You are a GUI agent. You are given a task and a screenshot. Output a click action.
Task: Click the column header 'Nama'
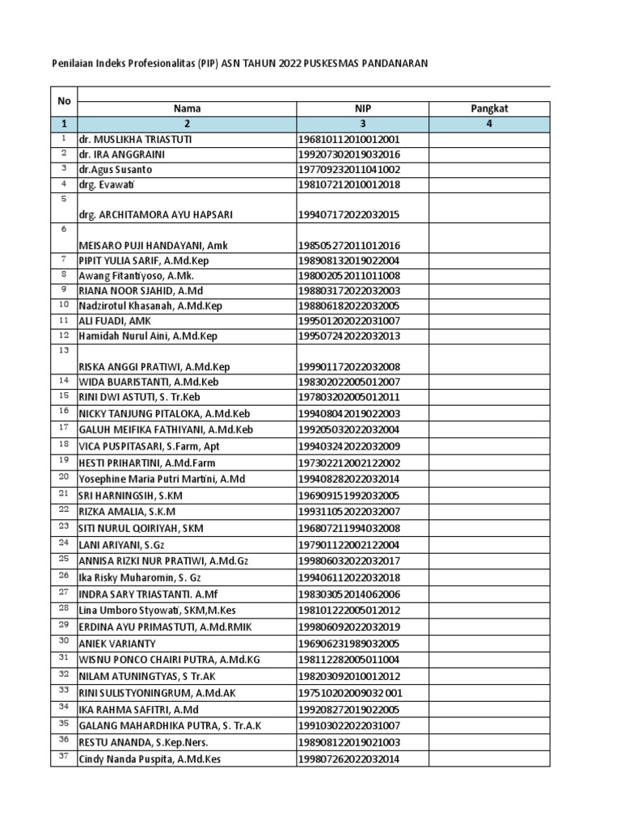186,108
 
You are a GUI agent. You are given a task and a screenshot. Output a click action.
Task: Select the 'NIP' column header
363,108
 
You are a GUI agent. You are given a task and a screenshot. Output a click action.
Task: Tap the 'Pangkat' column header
488,108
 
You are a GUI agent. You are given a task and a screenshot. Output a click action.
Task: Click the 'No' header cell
64,101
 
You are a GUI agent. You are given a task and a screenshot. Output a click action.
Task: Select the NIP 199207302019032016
349,154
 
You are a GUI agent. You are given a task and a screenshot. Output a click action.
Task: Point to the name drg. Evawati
111,184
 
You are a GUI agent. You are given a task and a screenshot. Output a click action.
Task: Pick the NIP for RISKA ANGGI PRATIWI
349,366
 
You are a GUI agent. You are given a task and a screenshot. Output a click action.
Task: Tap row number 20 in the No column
64,477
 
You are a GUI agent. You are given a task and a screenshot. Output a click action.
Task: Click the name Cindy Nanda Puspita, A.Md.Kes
150,758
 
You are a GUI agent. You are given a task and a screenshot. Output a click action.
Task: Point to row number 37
64,757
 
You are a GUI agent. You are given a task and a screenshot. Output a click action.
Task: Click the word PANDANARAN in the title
391,62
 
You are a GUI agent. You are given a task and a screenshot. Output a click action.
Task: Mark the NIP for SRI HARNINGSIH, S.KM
349,495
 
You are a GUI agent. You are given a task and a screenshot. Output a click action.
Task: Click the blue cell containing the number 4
488,124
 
